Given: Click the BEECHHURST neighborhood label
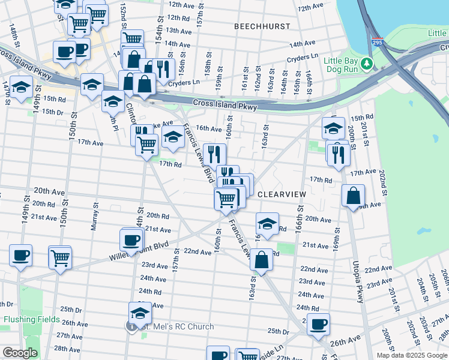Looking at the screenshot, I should [x=262, y=27].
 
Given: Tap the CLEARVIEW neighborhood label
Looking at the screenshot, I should [x=282, y=195].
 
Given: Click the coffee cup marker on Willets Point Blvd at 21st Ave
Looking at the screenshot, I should [x=131, y=240].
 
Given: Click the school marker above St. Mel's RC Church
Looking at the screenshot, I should [x=140, y=313].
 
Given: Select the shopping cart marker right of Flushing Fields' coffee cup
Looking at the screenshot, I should [x=60, y=257].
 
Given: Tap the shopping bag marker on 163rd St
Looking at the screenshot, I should [x=261, y=260].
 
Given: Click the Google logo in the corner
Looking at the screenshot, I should [x=20, y=353].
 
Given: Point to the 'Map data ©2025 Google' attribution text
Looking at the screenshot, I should [x=411, y=355].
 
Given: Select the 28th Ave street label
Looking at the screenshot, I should [x=67, y=348].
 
